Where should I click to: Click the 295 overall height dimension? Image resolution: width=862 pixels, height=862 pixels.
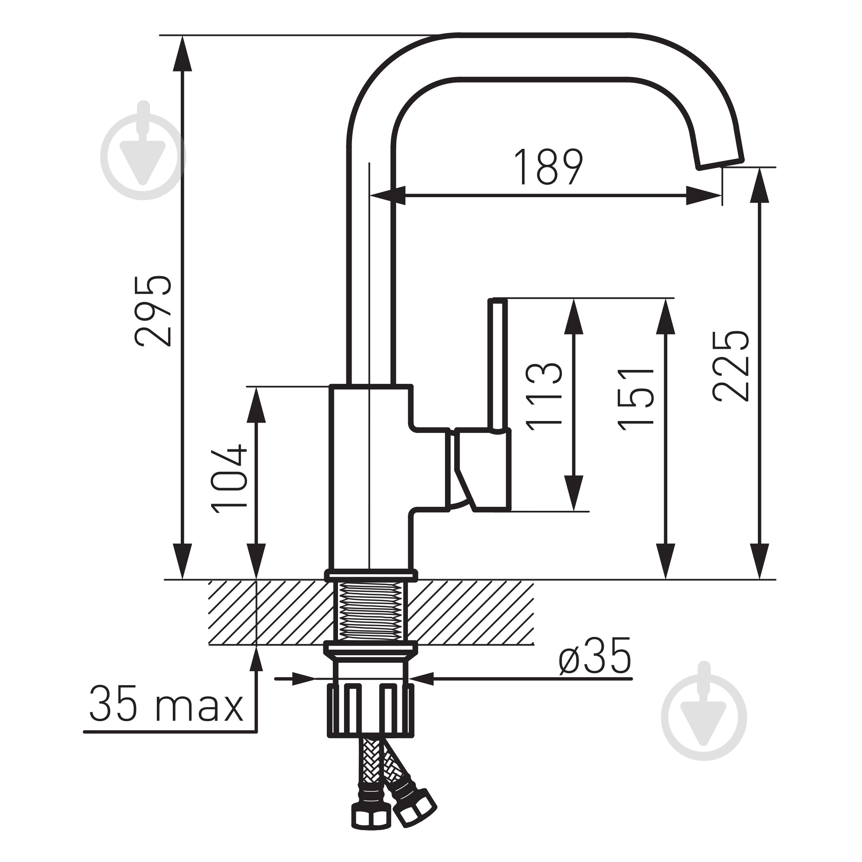coord(152,311)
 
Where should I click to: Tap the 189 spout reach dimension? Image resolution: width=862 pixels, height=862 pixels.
coord(548,167)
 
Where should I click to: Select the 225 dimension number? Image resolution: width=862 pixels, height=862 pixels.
coord(730,366)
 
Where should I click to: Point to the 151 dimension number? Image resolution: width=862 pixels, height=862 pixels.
coord(636,399)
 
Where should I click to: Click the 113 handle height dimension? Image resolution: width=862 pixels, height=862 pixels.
coord(544,397)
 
